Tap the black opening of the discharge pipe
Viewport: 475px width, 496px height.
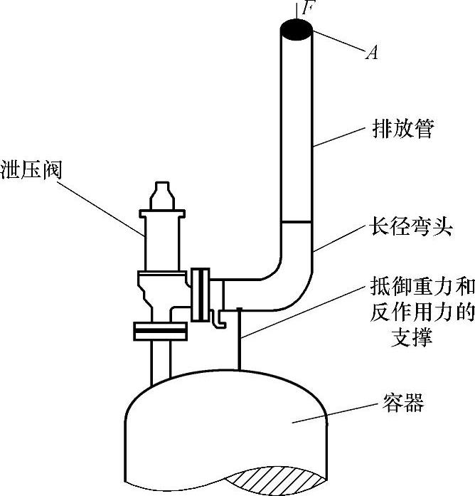click(297, 29)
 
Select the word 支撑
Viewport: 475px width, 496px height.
click(412, 336)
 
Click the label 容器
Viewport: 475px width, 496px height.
click(399, 404)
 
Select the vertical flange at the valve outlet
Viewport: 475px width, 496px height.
click(201, 296)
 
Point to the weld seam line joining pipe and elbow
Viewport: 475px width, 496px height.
click(297, 223)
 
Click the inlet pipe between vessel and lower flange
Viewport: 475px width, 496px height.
click(161, 359)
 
